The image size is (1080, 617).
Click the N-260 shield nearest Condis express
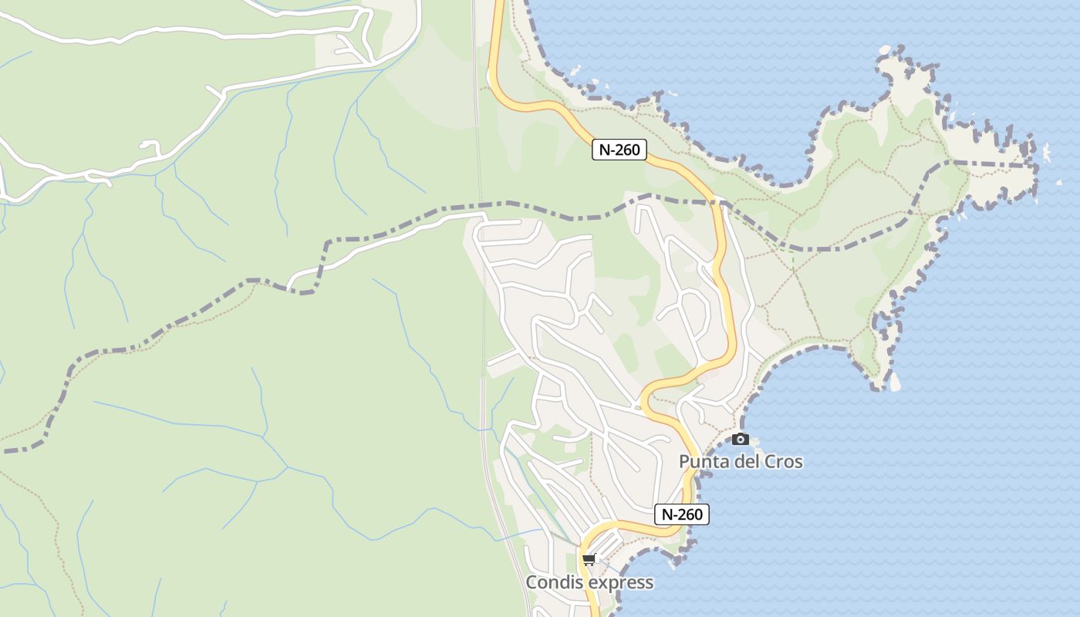point(682,514)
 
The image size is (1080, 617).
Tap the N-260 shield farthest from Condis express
point(619,150)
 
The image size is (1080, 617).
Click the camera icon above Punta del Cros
point(741,439)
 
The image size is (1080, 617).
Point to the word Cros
point(783,462)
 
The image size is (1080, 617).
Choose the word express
point(621,582)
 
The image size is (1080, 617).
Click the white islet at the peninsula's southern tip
point(895,382)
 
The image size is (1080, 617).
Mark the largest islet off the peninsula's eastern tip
point(1046,153)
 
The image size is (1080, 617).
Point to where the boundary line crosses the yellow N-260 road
point(718,203)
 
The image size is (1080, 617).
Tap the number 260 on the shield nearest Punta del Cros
point(690,514)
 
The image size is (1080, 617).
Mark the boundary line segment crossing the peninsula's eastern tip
point(995,164)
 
